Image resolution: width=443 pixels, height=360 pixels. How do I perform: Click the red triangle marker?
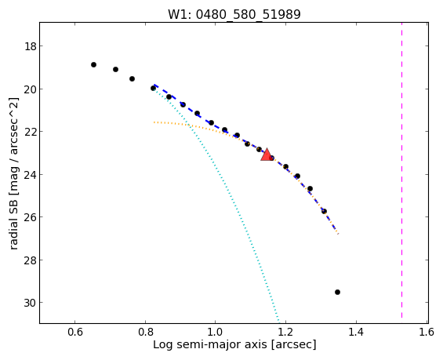[x=267, y=155]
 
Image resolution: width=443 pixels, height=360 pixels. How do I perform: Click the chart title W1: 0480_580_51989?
[x=234, y=14]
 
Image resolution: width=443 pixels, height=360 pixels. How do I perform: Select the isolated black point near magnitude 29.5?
[x=337, y=293]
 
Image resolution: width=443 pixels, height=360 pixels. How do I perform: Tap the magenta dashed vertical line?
[x=401, y=173]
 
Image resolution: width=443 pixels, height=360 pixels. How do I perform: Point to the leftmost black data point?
[x=94, y=65]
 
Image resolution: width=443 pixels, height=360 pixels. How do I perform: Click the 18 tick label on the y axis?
[x=31, y=46]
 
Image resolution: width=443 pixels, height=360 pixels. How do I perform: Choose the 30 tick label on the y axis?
[x=31, y=303]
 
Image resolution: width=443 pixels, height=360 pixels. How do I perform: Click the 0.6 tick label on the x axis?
[x=75, y=332]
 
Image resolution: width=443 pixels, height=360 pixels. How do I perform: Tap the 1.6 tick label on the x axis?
[x=427, y=332]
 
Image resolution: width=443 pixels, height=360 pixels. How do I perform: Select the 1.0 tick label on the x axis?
[x=216, y=332]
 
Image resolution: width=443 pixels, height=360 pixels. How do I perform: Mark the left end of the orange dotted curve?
[x=154, y=122]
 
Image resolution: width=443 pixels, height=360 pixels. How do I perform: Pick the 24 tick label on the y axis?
[x=31, y=174]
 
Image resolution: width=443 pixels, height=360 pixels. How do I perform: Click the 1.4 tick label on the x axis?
[x=356, y=332]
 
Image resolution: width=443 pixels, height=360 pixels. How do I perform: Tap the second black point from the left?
[x=115, y=69]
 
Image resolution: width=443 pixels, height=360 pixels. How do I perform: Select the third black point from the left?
[x=132, y=79]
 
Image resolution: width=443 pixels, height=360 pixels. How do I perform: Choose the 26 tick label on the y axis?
[x=31, y=217]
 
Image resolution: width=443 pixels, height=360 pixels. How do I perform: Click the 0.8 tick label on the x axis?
[x=145, y=332]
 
